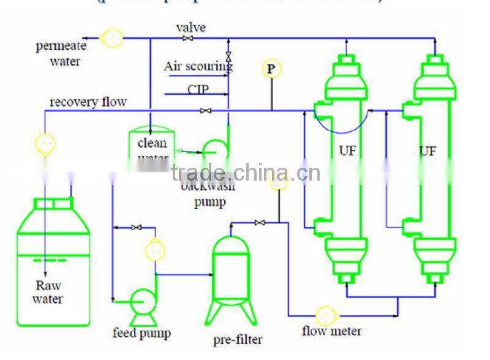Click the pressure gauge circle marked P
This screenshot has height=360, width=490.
point(271,69)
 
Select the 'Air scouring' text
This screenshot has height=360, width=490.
point(197,66)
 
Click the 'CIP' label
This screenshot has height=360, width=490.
point(198,89)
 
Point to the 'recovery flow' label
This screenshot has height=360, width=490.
point(88,102)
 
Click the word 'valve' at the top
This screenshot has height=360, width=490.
point(191,28)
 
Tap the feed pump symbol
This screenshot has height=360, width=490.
point(143,301)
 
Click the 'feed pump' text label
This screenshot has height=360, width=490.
point(141,334)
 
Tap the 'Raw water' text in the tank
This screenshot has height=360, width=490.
point(48,292)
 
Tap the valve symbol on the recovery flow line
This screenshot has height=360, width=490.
point(206,111)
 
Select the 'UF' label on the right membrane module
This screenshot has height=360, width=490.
point(428,150)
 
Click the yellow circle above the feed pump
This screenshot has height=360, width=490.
point(155,250)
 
